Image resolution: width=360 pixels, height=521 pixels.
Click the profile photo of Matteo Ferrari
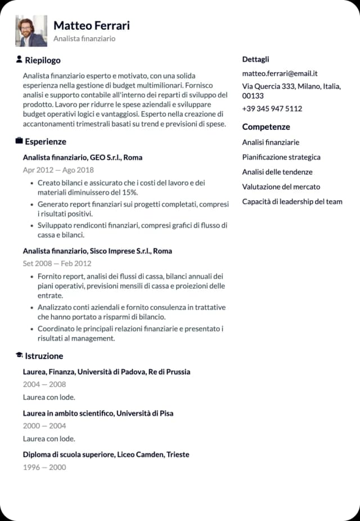click(31, 31)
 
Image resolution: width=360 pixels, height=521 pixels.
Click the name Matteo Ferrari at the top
click(92, 26)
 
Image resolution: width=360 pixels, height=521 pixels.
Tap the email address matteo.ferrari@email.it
click(280, 73)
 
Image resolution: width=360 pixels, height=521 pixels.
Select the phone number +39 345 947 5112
click(272, 108)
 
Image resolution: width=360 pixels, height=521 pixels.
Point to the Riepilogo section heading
click(43, 60)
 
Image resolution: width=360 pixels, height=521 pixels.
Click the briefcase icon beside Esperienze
click(19, 141)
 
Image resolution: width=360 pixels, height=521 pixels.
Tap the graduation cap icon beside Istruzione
click(19, 356)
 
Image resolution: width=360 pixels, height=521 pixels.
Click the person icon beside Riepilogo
click(19, 60)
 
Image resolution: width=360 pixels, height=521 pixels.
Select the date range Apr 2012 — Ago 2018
click(58, 170)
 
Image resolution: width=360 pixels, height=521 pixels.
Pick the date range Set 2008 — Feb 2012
click(57, 263)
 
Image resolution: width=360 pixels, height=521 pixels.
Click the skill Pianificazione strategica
click(281, 157)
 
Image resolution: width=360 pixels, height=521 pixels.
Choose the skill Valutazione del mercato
click(281, 187)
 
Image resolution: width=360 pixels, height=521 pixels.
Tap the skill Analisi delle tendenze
click(277, 172)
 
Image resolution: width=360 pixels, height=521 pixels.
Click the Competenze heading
click(266, 127)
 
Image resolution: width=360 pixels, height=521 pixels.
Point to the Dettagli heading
click(256, 59)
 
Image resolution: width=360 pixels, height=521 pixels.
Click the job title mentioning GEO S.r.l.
click(83, 157)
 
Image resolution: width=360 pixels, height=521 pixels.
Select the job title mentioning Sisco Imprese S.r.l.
click(97, 251)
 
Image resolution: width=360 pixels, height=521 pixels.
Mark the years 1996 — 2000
click(44, 467)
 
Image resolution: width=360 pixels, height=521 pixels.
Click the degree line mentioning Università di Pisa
click(98, 413)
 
